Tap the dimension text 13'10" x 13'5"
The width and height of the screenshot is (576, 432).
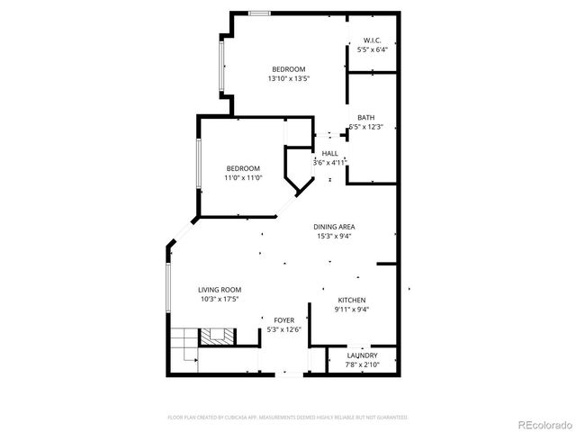coord(289,79)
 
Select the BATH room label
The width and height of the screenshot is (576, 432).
coord(365,118)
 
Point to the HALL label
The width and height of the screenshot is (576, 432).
coord(329,154)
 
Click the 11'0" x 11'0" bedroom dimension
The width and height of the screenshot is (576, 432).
coord(243,178)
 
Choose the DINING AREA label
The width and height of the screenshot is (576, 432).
coord(332,227)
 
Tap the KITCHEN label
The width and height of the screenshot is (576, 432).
coord(352,300)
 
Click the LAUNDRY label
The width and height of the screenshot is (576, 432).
coord(362,355)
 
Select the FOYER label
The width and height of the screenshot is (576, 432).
coord(283,319)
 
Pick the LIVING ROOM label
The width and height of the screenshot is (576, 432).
coord(220,290)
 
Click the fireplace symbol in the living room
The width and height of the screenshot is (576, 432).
coord(216,337)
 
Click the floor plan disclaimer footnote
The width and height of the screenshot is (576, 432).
coord(288,418)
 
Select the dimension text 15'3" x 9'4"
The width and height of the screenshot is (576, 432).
coord(332,237)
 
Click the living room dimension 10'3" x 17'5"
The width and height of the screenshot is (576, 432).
coord(220,300)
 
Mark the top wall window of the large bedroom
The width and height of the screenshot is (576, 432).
coord(259,13)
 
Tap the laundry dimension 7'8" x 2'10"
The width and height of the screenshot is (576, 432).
coord(362,365)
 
